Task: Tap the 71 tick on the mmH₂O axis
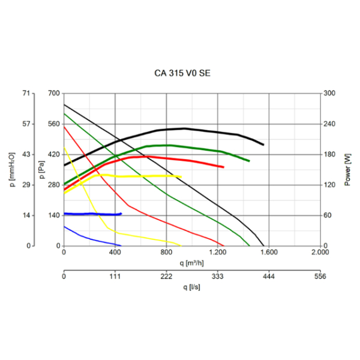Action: pyautogui.click(x=26, y=94)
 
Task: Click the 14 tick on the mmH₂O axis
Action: pyautogui.click(x=26, y=215)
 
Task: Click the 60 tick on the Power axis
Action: pyautogui.click(x=330, y=215)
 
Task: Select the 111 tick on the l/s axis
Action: pyautogui.click(x=115, y=277)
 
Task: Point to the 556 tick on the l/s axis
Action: pyautogui.click(x=320, y=277)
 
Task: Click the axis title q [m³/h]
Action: pyautogui.click(x=192, y=262)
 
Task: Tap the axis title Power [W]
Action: pyautogui.click(x=348, y=169)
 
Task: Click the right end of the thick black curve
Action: pyautogui.click(x=263, y=145)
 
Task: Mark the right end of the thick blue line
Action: pyautogui.click(x=121, y=214)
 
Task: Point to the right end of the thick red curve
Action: pyautogui.click(x=223, y=167)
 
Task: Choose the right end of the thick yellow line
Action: pyautogui.click(x=181, y=176)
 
